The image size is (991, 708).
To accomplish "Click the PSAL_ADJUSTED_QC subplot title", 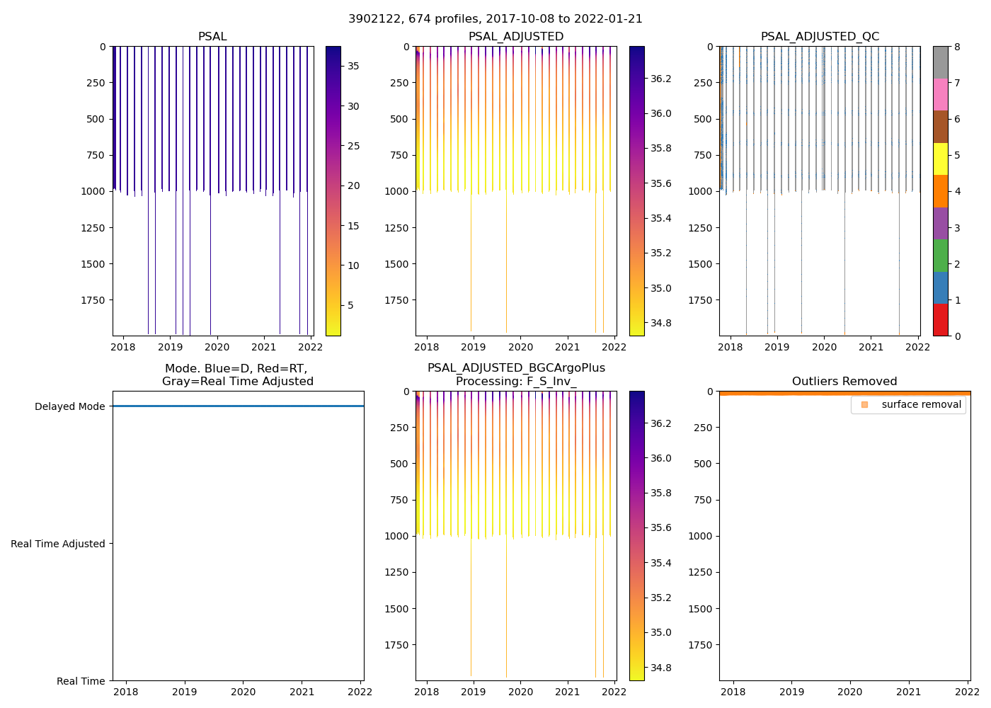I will [x=820, y=37].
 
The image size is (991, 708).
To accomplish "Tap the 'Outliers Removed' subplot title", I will [x=844, y=382].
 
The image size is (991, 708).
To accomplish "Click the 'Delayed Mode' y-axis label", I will [x=69, y=407].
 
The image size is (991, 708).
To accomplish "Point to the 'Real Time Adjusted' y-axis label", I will [x=58, y=544].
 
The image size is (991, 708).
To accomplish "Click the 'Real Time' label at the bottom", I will [x=81, y=682].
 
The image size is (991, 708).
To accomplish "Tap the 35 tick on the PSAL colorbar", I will [x=353, y=67].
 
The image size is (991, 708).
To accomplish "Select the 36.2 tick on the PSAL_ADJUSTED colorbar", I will [x=661, y=79].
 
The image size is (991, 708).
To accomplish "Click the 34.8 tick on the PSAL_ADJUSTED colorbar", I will [x=661, y=324].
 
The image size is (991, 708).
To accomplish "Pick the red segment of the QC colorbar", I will [x=940, y=320].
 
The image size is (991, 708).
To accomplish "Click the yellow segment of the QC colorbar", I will [x=940, y=159].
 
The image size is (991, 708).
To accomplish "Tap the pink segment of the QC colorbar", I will [x=940, y=94].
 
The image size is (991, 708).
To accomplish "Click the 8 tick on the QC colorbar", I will [x=957, y=47].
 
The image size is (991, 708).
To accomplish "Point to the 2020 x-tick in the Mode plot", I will [x=244, y=692].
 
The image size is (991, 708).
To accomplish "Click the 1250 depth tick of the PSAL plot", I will [x=93, y=228].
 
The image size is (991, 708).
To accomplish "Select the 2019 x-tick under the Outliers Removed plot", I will [x=791, y=692].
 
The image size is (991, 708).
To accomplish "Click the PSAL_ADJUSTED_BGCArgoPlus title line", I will [x=516, y=368].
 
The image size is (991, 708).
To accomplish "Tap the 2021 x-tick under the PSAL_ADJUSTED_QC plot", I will [x=871, y=347].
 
